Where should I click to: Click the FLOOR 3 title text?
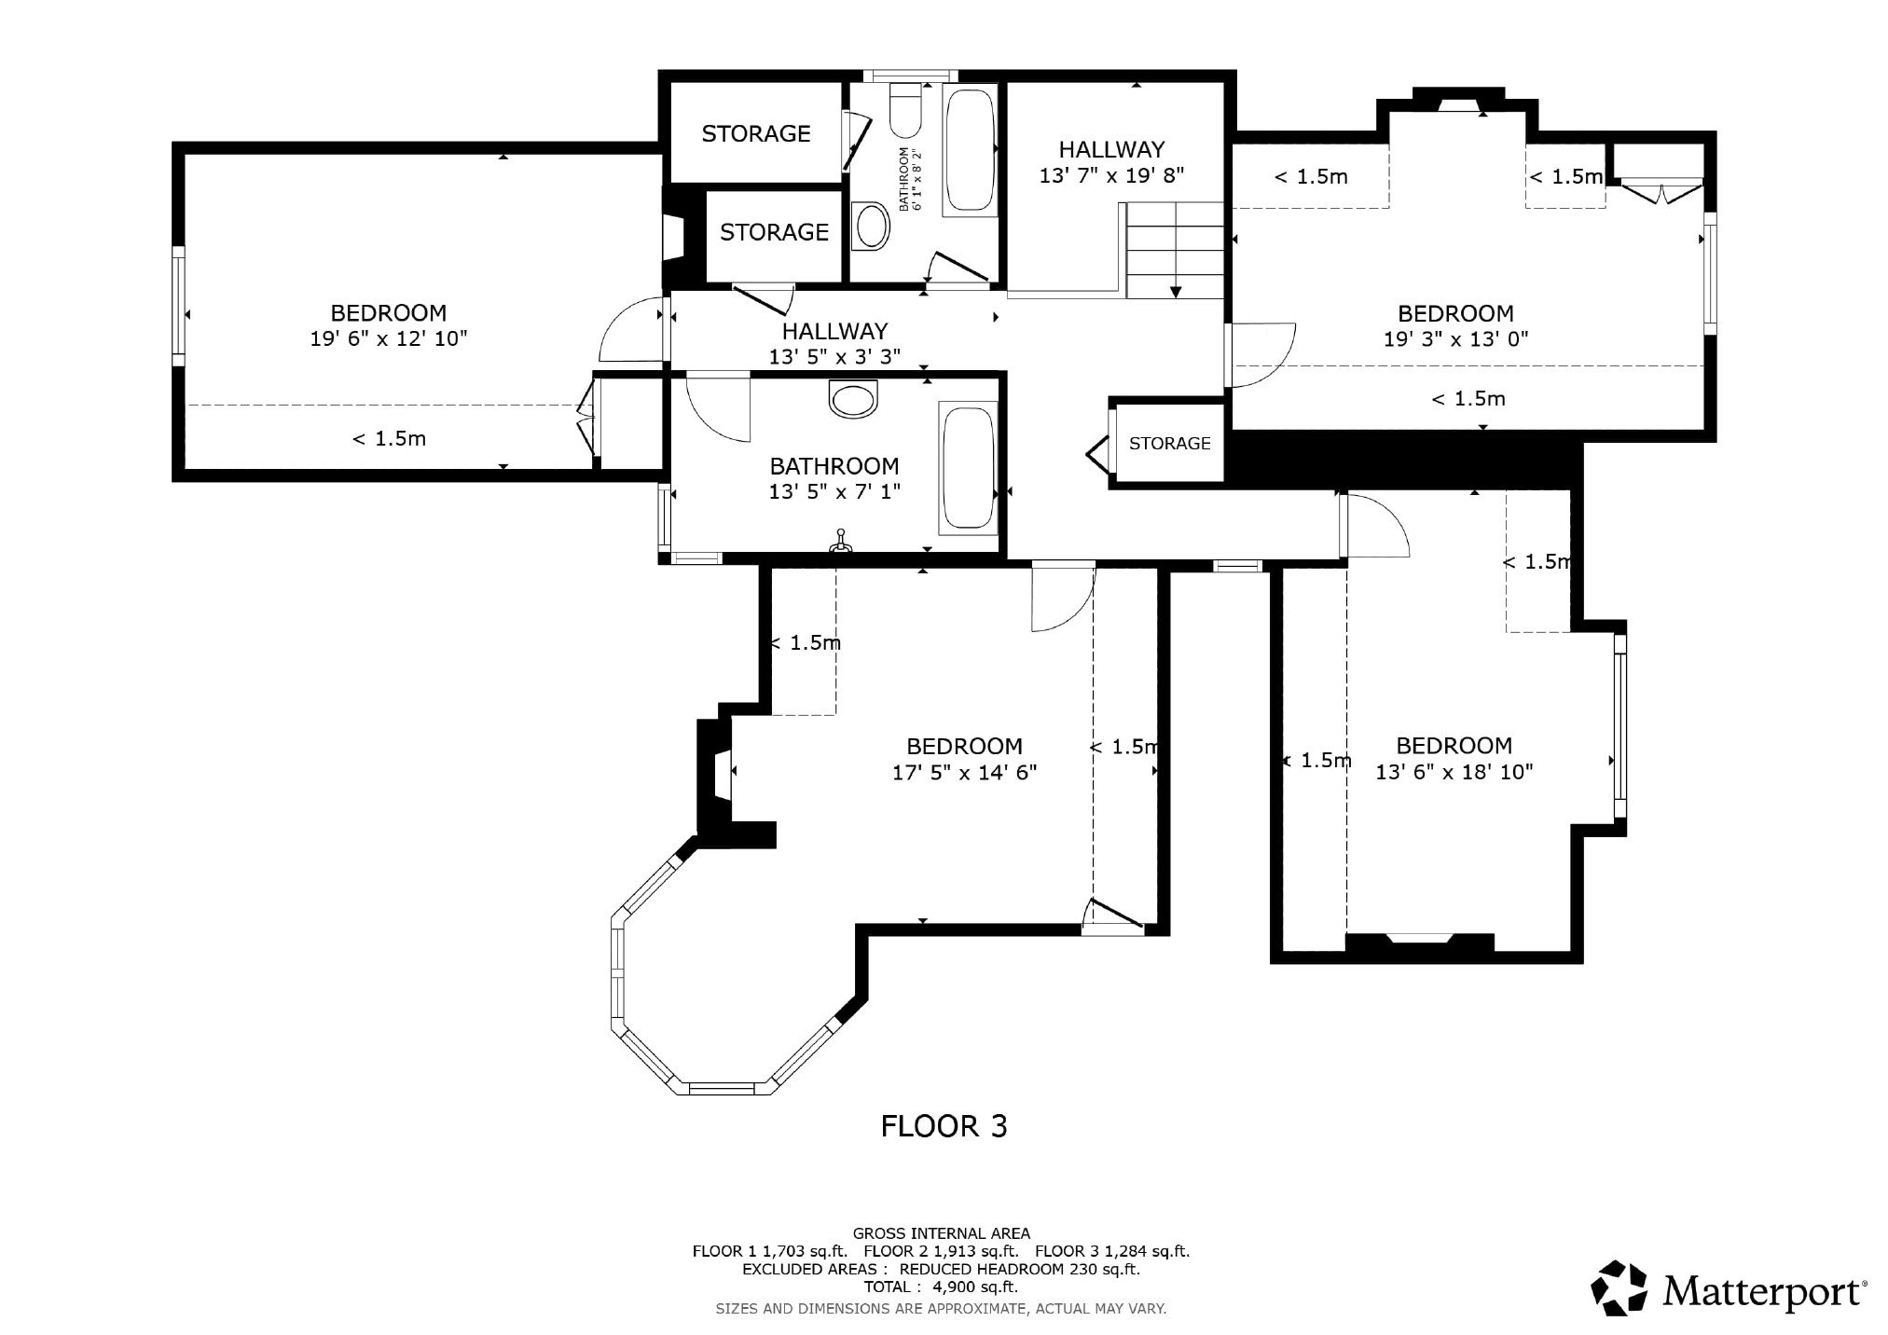tap(944, 1126)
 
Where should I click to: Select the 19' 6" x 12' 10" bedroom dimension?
tap(389, 338)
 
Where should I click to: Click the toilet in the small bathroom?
tap(905, 110)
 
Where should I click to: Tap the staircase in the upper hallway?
tap(1175, 250)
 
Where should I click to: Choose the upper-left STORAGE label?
tap(756, 134)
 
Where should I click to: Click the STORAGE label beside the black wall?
tap(1169, 444)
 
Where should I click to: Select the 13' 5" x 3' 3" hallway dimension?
tap(834, 357)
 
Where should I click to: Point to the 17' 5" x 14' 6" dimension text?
tap(964, 773)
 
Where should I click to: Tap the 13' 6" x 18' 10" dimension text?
tap(1454, 772)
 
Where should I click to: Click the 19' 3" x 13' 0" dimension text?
tap(1455, 339)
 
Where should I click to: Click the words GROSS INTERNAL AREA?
tap(941, 1233)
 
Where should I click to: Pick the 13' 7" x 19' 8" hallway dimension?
tap(1111, 175)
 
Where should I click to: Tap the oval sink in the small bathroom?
tap(873, 226)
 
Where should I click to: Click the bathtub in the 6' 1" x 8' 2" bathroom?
tap(970, 149)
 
